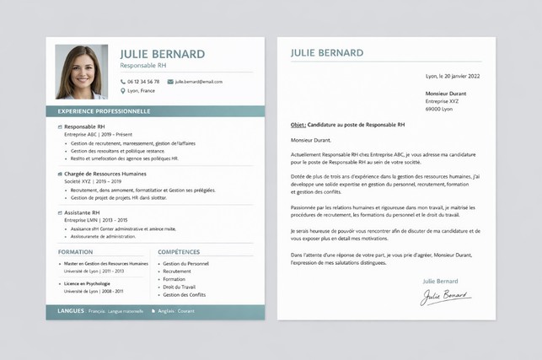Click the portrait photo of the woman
(81, 72)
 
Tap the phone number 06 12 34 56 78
(143, 82)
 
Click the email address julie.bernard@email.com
(199, 82)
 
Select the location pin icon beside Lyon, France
(122, 91)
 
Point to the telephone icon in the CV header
(122, 82)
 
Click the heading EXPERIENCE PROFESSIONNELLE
(104, 111)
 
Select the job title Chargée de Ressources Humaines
(105, 174)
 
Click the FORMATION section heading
(76, 251)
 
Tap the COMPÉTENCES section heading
(179, 251)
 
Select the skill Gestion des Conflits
(184, 295)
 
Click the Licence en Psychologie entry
(87, 283)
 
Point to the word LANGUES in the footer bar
(71, 311)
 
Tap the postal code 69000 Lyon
(438, 109)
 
